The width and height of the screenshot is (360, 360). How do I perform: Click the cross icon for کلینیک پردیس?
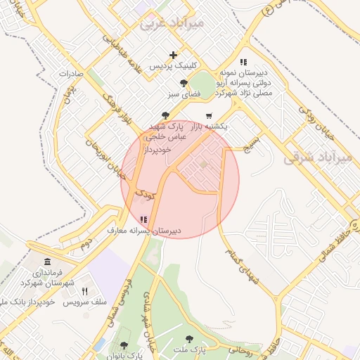[174, 55]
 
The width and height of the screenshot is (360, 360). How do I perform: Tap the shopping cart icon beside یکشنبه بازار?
[209, 115]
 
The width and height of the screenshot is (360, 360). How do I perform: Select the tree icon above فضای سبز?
[184, 83]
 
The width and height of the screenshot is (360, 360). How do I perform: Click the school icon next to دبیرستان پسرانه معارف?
[144, 219]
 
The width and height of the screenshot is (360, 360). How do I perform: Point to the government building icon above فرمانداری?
[47, 262]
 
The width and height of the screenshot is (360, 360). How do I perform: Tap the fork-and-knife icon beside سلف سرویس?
[85, 291]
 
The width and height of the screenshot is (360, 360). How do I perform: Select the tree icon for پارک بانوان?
[124, 345]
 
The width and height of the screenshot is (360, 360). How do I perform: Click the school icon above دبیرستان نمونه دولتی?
[243, 62]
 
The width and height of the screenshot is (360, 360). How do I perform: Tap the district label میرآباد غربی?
[172, 23]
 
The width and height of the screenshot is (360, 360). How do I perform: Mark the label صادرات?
[71, 73]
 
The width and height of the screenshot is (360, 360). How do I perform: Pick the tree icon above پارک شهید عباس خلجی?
[165, 115]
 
